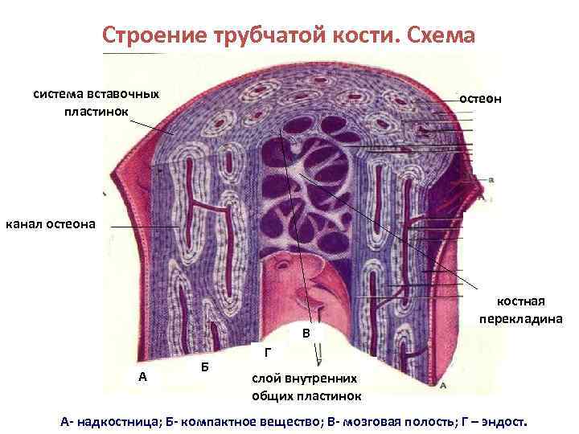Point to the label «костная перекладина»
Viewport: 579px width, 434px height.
click(x=520, y=309)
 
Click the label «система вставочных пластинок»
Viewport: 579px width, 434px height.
click(x=96, y=101)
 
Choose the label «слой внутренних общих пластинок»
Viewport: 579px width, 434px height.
click(x=306, y=387)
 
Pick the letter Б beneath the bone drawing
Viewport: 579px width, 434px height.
click(x=205, y=366)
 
